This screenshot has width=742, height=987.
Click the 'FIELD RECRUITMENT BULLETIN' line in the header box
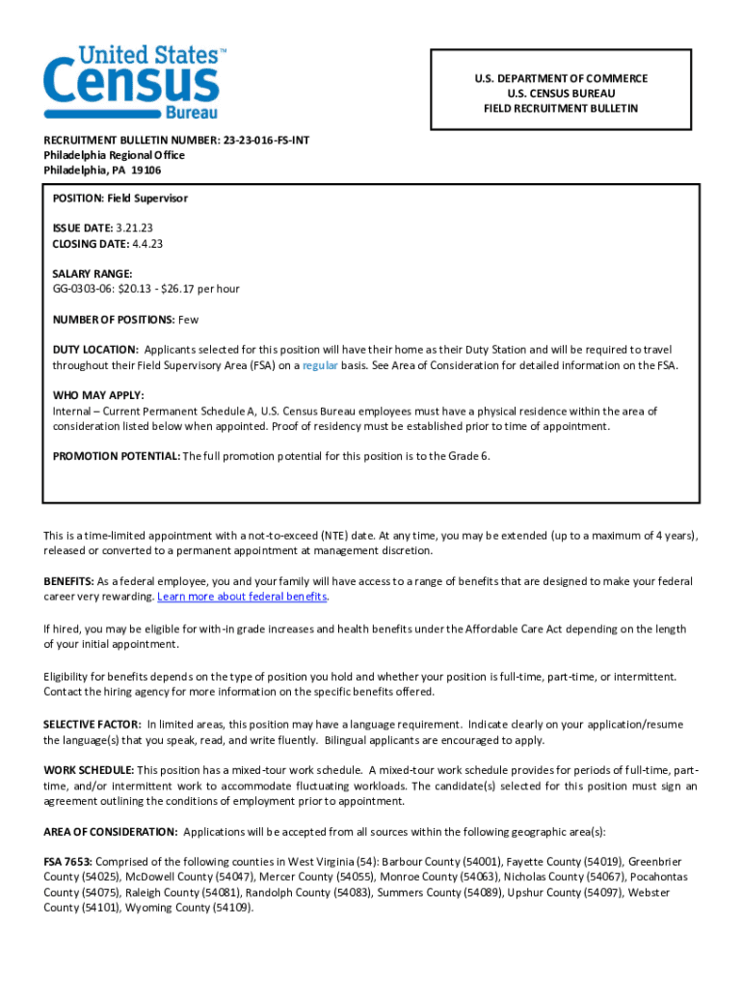click(x=560, y=109)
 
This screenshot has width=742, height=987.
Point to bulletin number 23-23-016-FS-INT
click(x=265, y=140)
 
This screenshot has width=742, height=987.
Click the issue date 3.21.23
click(x=134, y=228)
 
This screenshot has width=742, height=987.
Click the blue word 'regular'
click(x=320, y=365)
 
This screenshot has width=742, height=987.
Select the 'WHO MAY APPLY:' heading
click(x=98, y=395)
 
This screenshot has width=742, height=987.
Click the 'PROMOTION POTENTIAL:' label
click(x=116, y=456)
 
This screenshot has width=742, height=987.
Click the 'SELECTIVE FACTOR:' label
click(x=92, y=724)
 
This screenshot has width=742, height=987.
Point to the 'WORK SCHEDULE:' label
click(x=89, y=770)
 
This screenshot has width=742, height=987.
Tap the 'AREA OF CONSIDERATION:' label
click(x=110, y=831)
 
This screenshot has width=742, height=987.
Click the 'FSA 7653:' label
click(x=67, y=861)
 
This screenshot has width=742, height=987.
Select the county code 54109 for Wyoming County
click(x=233, y=907)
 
